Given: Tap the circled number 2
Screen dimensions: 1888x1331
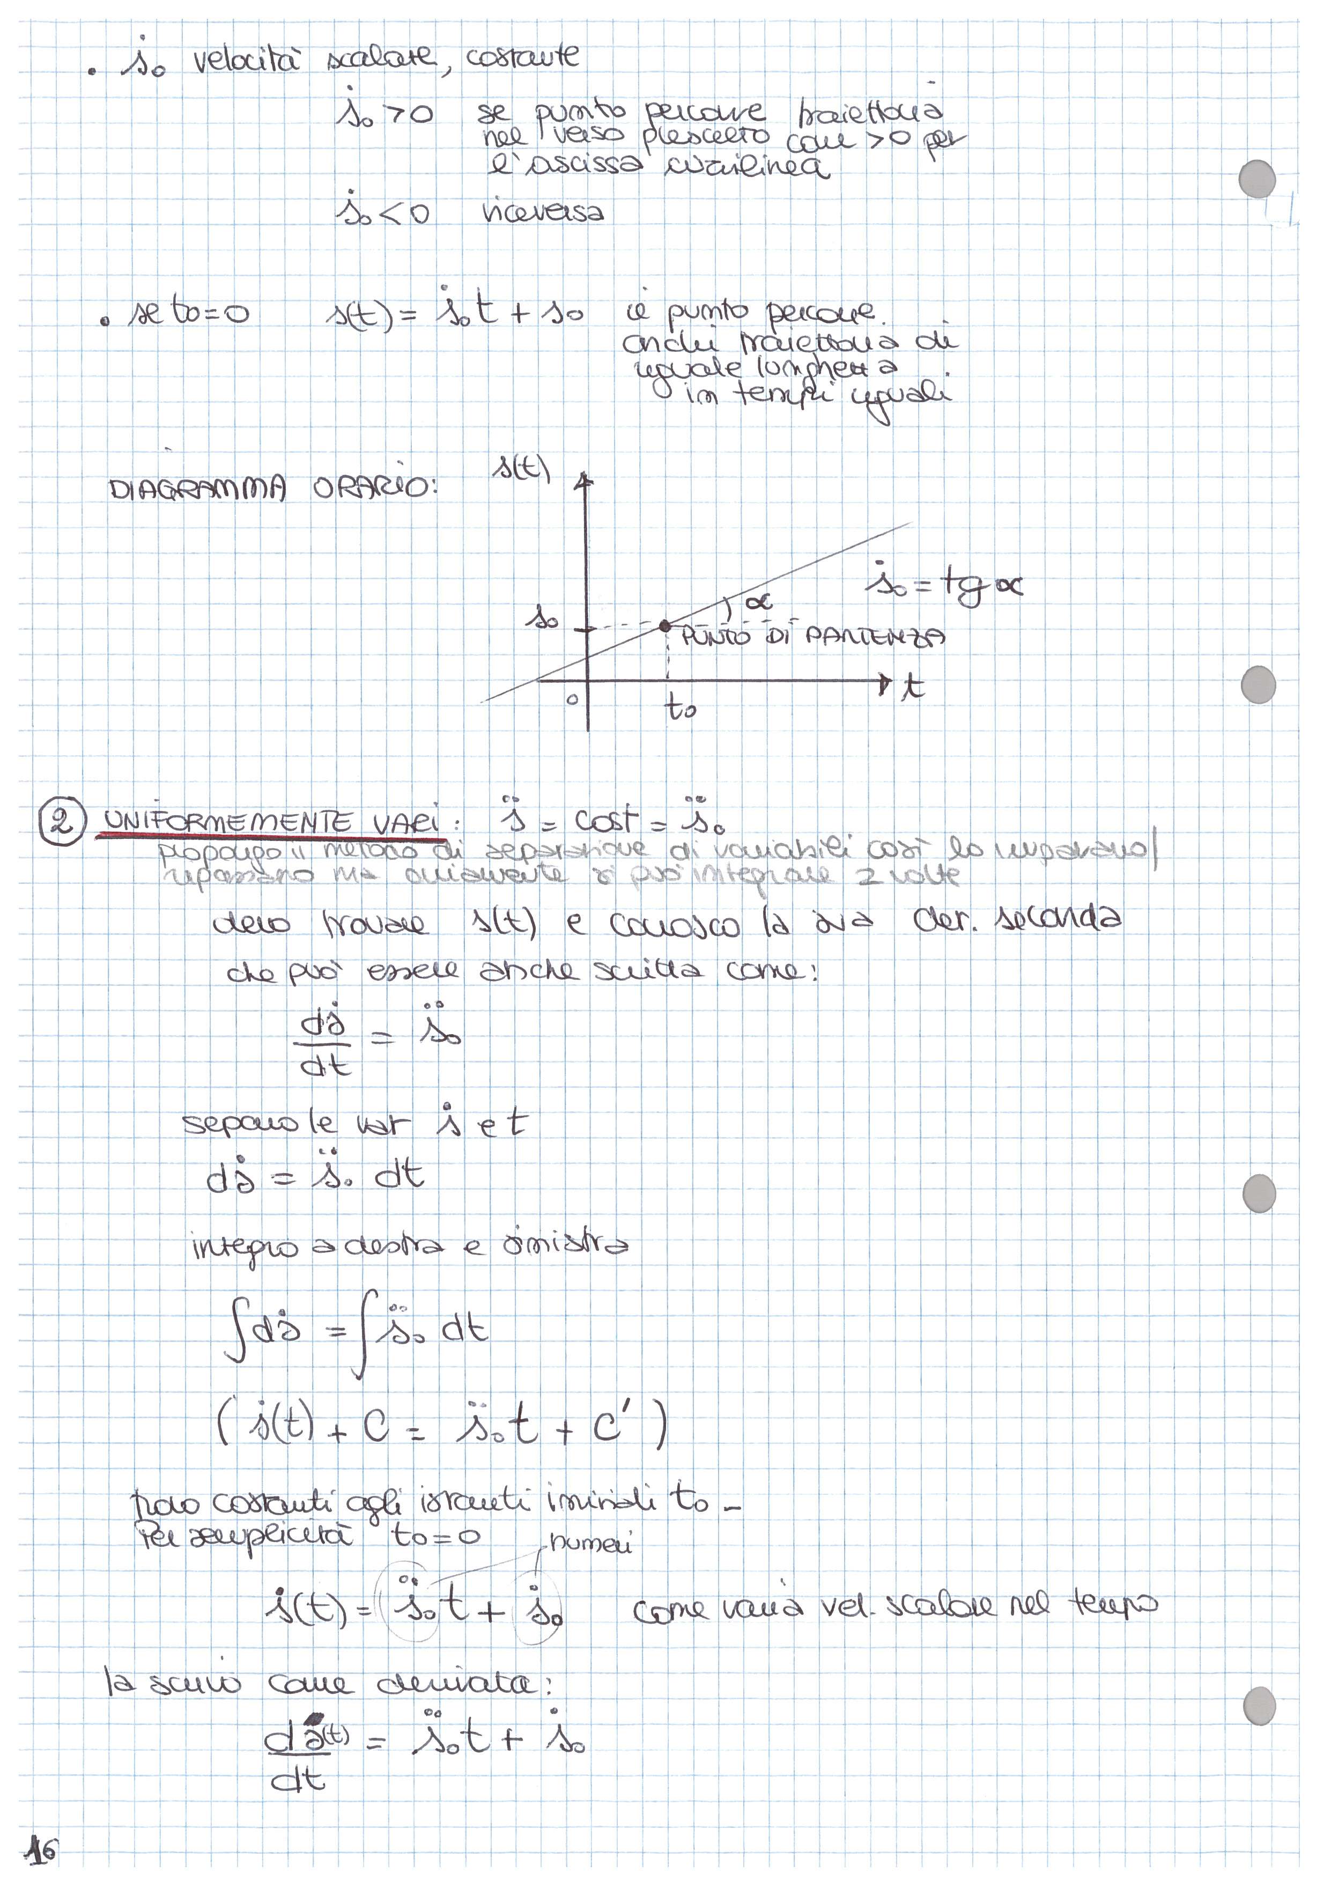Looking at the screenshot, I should pyautogui.click(x=61, y=822).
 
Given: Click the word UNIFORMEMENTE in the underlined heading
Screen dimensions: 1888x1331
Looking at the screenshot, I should pyautogui.click(x=228, y=822).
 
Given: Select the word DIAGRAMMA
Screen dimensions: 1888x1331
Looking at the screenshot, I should pyautogui.click(x=197, y=489).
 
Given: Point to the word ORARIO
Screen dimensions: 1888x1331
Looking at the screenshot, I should pyautogui.click(x=372, y=489).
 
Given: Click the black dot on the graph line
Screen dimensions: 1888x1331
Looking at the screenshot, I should pyautogui.click(x=664, y=626).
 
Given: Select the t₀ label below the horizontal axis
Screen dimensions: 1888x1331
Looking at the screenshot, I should pyautogui.click(x=681, y=706).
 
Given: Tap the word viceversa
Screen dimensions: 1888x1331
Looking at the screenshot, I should pyautogui.click(x=543, y=212).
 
